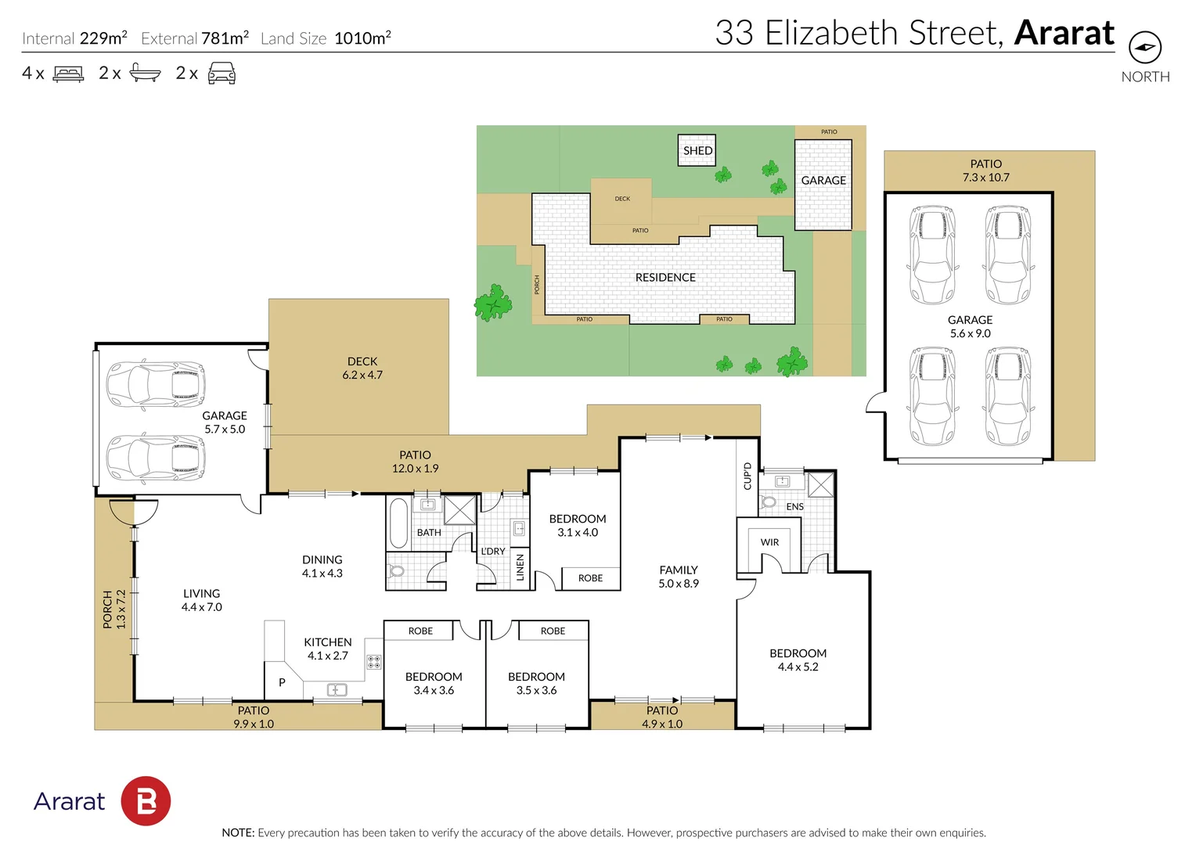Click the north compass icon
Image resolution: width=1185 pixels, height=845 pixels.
(x=1144, y=48)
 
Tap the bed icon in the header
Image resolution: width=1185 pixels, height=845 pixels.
(x=68, y=74)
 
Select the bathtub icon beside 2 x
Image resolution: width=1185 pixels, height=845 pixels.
(x=145, y=74)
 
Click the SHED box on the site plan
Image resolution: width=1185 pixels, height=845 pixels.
(x=697, y=150)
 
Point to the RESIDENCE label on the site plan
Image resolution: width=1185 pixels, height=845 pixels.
(x=665, y=278)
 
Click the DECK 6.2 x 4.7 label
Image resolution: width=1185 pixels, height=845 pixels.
(x=362, y=369)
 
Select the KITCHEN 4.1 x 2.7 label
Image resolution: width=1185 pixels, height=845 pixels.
(x=327, y=649)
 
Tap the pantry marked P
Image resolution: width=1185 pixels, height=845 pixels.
(x=282, y=682)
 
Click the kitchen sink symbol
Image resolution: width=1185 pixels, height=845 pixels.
(x=337, y=690)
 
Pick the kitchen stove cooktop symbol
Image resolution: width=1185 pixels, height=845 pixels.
(x=374, y=662)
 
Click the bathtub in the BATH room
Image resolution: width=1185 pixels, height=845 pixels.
(x=398, y=523)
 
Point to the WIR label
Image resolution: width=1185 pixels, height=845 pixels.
(x=769, y=542)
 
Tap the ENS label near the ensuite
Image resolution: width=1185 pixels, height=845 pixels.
(x=794, y=507)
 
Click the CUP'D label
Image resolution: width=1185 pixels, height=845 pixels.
(x=747, y=476)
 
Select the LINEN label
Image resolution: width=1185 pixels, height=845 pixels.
(x=520, y=567)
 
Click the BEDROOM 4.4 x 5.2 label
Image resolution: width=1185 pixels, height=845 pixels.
(x=798, y=660)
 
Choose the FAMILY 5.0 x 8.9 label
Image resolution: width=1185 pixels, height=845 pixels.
(x=678, y=577)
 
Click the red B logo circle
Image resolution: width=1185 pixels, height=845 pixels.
(x=146, y=801)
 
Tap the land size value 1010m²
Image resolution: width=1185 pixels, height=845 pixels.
(x=362, y=38)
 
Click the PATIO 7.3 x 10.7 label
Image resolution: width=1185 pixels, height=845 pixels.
(x=985, y=171)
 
